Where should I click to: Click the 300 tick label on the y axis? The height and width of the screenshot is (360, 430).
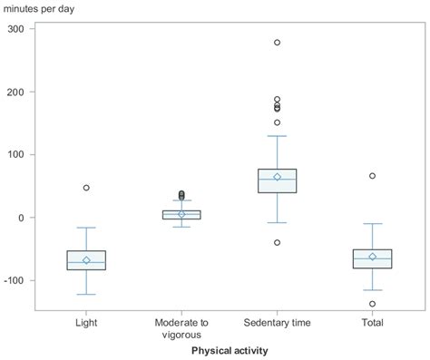click(x=15, y=29)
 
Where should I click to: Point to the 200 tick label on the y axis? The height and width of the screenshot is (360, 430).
click(x=15, y=92)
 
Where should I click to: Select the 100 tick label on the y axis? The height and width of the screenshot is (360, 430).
click(x=15, y=155)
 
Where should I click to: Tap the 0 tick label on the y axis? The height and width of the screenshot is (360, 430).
click(x=21, y=218)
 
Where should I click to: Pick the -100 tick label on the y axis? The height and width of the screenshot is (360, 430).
click(x=13, y=280)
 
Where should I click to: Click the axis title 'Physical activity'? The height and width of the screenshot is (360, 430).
click(x=230, y=350)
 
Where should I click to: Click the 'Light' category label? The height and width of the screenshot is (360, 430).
click(x=86, y=323)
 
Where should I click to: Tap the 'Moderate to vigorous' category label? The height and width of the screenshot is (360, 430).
click(x=181, y=328)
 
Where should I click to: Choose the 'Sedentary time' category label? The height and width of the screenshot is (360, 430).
click(x=277, y=323)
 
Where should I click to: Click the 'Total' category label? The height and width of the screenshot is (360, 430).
click(x=372, y=323)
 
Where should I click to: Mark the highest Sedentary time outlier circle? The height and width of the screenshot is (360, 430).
click(x=277, y=43)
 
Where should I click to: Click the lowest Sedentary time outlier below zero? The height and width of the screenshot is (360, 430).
click(x=277, y=243)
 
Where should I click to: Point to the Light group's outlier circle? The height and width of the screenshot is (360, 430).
click(x=86, y=188)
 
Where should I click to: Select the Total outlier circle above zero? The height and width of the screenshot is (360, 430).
click(x=372, y=176)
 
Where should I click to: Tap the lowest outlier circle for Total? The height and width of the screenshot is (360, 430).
click(x=372, y=304)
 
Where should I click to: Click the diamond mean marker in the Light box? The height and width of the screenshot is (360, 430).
click(x=86, y=260)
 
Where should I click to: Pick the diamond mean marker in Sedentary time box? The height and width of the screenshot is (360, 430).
click(x=277, y=177)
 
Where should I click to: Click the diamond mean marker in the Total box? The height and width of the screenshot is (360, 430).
click(x=372, y=257)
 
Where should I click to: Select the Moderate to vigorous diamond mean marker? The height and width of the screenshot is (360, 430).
click(x=181, y=214)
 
